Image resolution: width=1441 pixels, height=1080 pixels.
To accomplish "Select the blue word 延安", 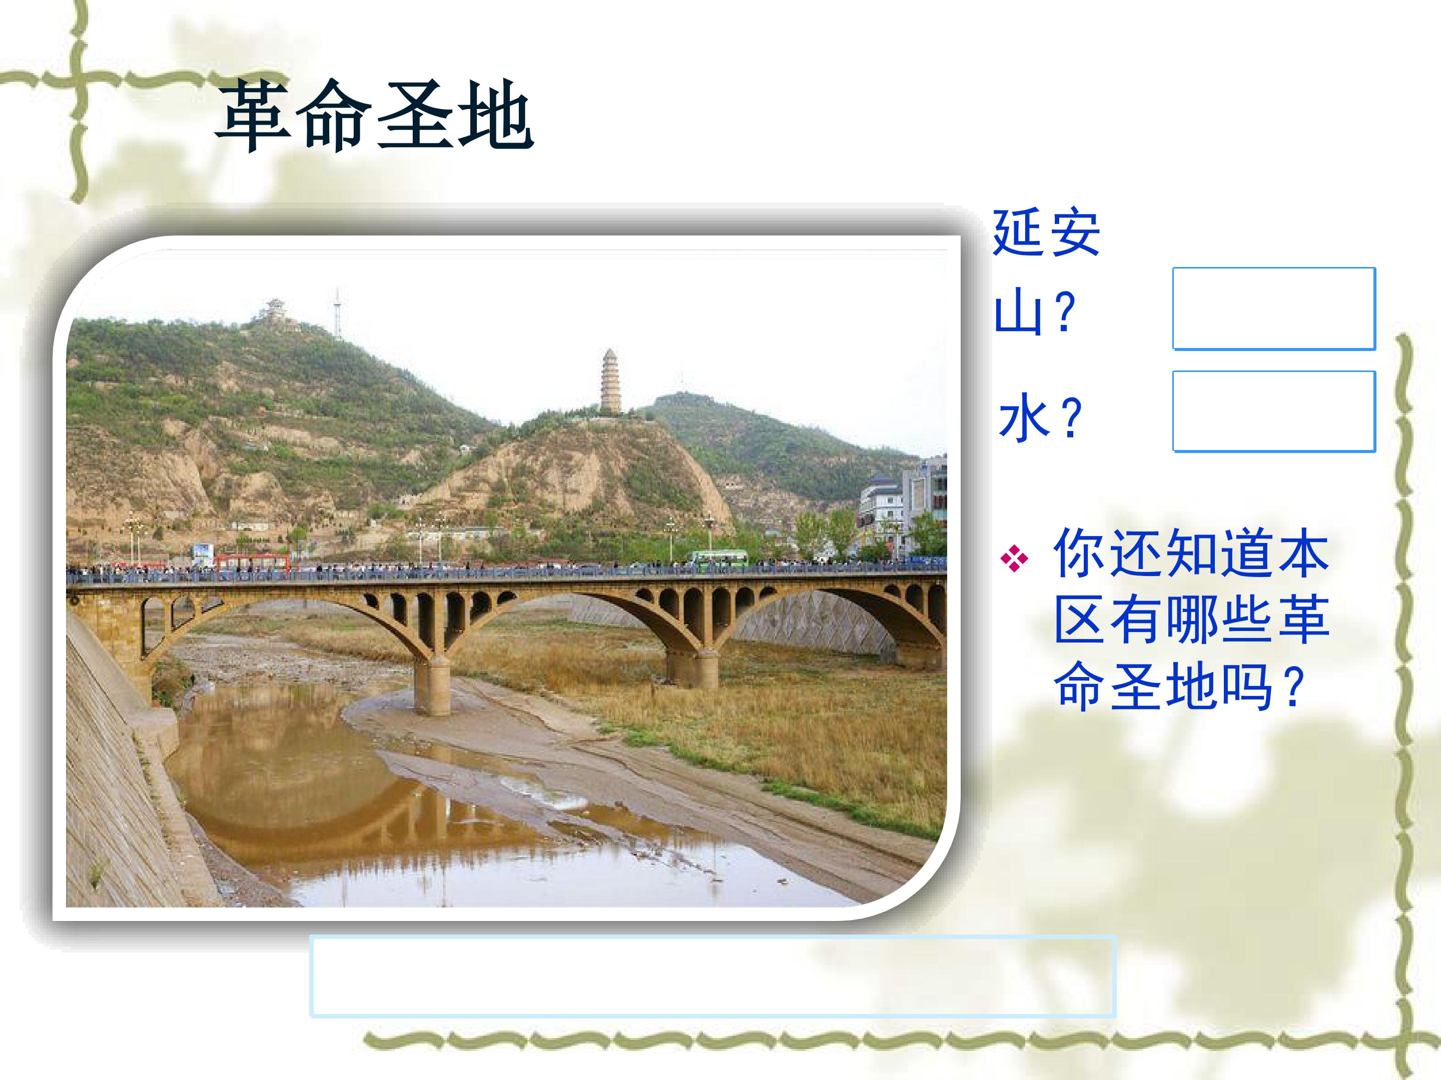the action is coord(1046,232).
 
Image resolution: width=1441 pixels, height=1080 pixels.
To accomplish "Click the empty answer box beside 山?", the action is coord(1273,308).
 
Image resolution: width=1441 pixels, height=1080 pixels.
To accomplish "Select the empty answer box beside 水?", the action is coord(1273,411).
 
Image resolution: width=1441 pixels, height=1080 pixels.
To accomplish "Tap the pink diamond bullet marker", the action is coord(1014,558).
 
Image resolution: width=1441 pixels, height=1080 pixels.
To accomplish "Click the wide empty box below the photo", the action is coord(712,976).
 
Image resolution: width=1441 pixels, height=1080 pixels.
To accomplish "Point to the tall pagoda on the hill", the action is coord(610,381).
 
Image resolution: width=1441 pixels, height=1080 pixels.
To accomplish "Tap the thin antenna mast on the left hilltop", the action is coord(337,314).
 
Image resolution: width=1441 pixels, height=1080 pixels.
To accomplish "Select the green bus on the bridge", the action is coord(718,558).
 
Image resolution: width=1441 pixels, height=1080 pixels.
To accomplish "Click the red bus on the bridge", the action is coord(252,562).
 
